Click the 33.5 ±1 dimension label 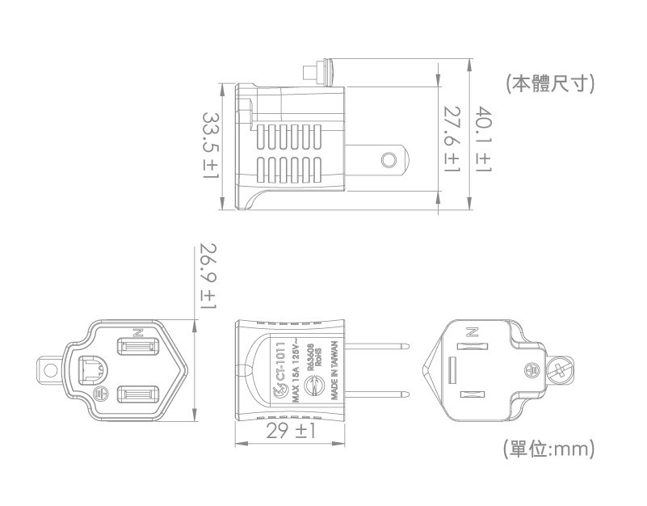pos(212,145)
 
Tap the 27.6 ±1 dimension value pos(452,139)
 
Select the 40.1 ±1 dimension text pos(483,139)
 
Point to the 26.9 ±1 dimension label pos(208,279)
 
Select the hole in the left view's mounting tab pos(51,370)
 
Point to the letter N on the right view pos(473,331)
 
